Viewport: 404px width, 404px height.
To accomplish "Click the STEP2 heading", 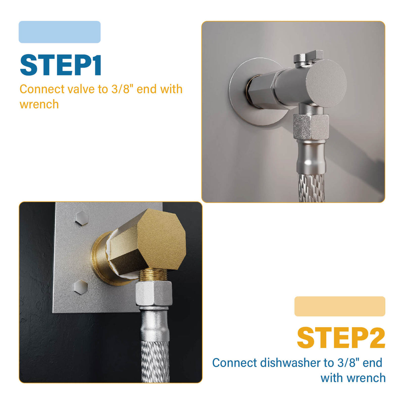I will [341, 338].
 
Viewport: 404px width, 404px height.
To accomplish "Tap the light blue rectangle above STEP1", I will [60, 32].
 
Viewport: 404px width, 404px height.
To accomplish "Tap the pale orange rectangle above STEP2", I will [340, 306].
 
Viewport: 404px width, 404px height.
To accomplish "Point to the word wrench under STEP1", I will [39, 104].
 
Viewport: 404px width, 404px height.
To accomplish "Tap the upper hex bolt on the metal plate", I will [81, 217].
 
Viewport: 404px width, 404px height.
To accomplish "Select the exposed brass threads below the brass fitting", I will [154, 276].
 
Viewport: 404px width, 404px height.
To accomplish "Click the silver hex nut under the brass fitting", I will [154, 294].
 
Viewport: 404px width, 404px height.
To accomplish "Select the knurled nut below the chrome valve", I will [310, 126].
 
